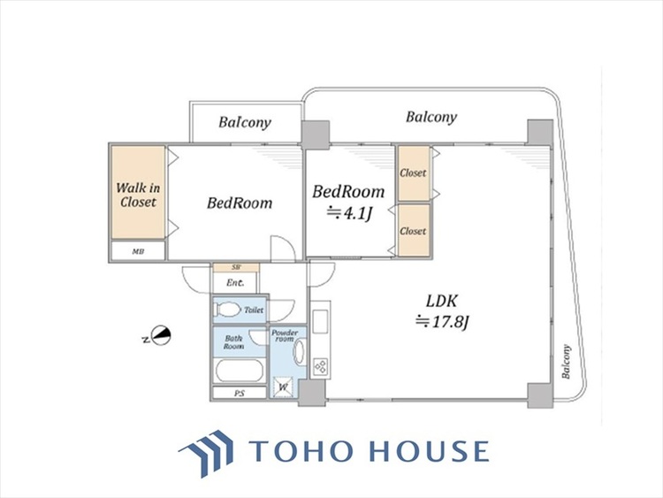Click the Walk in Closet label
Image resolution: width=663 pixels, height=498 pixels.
(x=138, y=195)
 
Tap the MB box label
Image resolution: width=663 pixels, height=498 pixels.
(x=138, y=251)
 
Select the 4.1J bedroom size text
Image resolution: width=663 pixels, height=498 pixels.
(x=349, y=213)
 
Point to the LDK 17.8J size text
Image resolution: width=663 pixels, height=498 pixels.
(x=442, y=322)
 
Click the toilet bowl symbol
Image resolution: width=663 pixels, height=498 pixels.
(x=226, y=310)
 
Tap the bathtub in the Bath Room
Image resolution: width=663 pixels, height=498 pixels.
(x=240, y=371)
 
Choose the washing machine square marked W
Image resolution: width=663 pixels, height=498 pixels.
(x=283, y=387)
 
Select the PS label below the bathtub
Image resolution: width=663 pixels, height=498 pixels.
(x=240, y=394)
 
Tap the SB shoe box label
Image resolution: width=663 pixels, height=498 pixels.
(x=236, y=267)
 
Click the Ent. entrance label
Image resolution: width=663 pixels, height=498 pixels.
(x=234, y=283)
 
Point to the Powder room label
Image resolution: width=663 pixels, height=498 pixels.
(x=285, y=335)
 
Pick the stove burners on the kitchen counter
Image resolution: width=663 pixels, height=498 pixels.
(x=320, y=366)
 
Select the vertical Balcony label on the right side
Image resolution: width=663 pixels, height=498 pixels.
(x=567, y=362)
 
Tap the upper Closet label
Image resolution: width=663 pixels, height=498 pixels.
(x=413, y=172)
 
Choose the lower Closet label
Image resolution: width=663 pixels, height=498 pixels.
(x=413, y=231)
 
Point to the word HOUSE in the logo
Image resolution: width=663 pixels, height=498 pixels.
(x=430, y=450)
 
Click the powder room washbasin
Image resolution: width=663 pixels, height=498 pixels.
(x=299, y=352)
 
